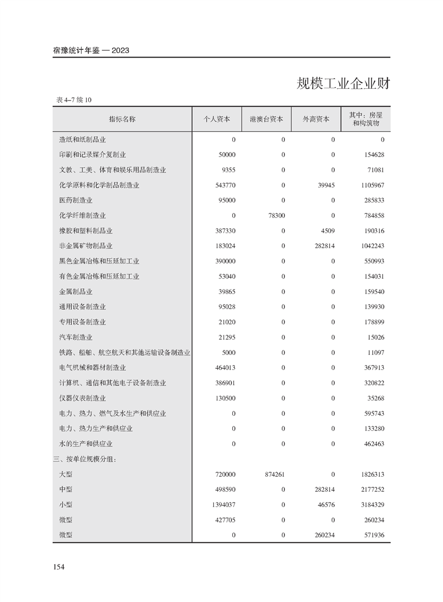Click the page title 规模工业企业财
point(342,84)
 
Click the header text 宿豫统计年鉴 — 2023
point(92,50)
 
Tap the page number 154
point(59,567)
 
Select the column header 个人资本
point(217,119)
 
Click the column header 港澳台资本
point(266,119)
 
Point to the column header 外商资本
point(316,119)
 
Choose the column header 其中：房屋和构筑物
point(366,119)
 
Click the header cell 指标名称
point(122,119)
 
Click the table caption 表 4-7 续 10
point(74,100)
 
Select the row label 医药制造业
point(76,200)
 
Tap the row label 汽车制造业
point(76,337)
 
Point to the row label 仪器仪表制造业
point(83,398)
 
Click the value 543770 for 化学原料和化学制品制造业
point(225,185)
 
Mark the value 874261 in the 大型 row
point(274,474)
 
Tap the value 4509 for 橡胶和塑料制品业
point(328,230)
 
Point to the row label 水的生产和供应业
point(86,444)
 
